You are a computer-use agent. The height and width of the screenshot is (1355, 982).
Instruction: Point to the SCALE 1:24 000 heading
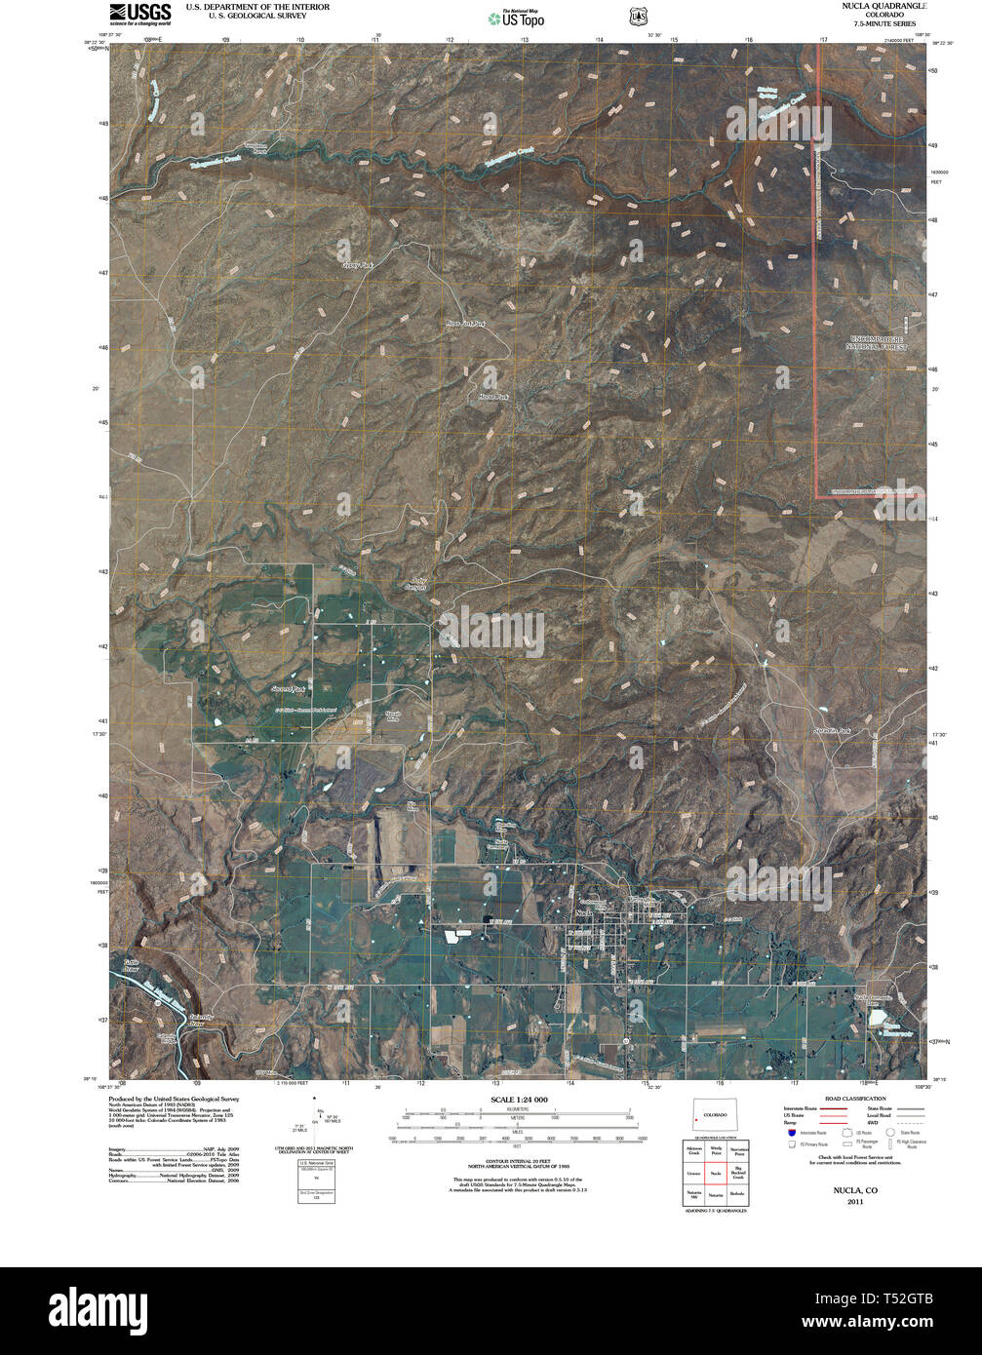pyautogui.click(x=516, y=1100)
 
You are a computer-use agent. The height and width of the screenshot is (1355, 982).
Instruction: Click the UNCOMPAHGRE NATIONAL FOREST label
pyautogui.click(x=877, y=342)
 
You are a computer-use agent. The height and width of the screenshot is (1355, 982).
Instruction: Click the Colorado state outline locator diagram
pyautogui.click(x=716, y=1117)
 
